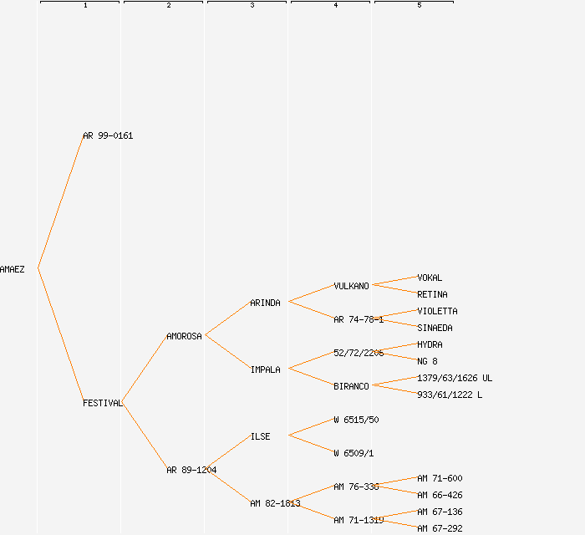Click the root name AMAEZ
point(13,269)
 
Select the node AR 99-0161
point(108,135)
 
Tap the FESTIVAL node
point(102,403)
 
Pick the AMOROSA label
point(184,336)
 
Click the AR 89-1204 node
point(191,470)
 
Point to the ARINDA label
point(265,303)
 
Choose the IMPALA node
point(265,369)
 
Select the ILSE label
point(260,436)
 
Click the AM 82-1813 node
point(275,503)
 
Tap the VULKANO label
point(351,286)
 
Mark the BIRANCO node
point(351,386)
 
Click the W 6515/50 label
point(356,420)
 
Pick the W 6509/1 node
point(354,453)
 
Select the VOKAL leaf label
point(430,278)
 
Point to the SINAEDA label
point(435,328)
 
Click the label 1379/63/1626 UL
point(455,378)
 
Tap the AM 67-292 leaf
point(440,528)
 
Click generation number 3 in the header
point(252,6)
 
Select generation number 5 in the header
point(419,6)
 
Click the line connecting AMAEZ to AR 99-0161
point(60,201)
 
